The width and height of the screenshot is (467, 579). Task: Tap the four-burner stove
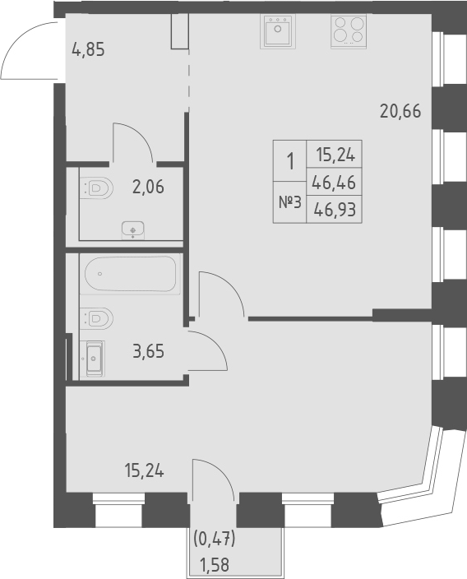coord(347,33)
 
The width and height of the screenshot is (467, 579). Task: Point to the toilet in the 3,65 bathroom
coord(96,317)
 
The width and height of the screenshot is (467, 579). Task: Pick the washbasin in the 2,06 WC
coord(132,229)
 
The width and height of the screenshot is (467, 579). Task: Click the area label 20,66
coord(400,109)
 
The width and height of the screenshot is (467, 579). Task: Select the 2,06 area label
coord(147,186)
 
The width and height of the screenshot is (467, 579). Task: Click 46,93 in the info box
coord(335,209)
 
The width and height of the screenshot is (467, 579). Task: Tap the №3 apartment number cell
coord(288,201)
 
